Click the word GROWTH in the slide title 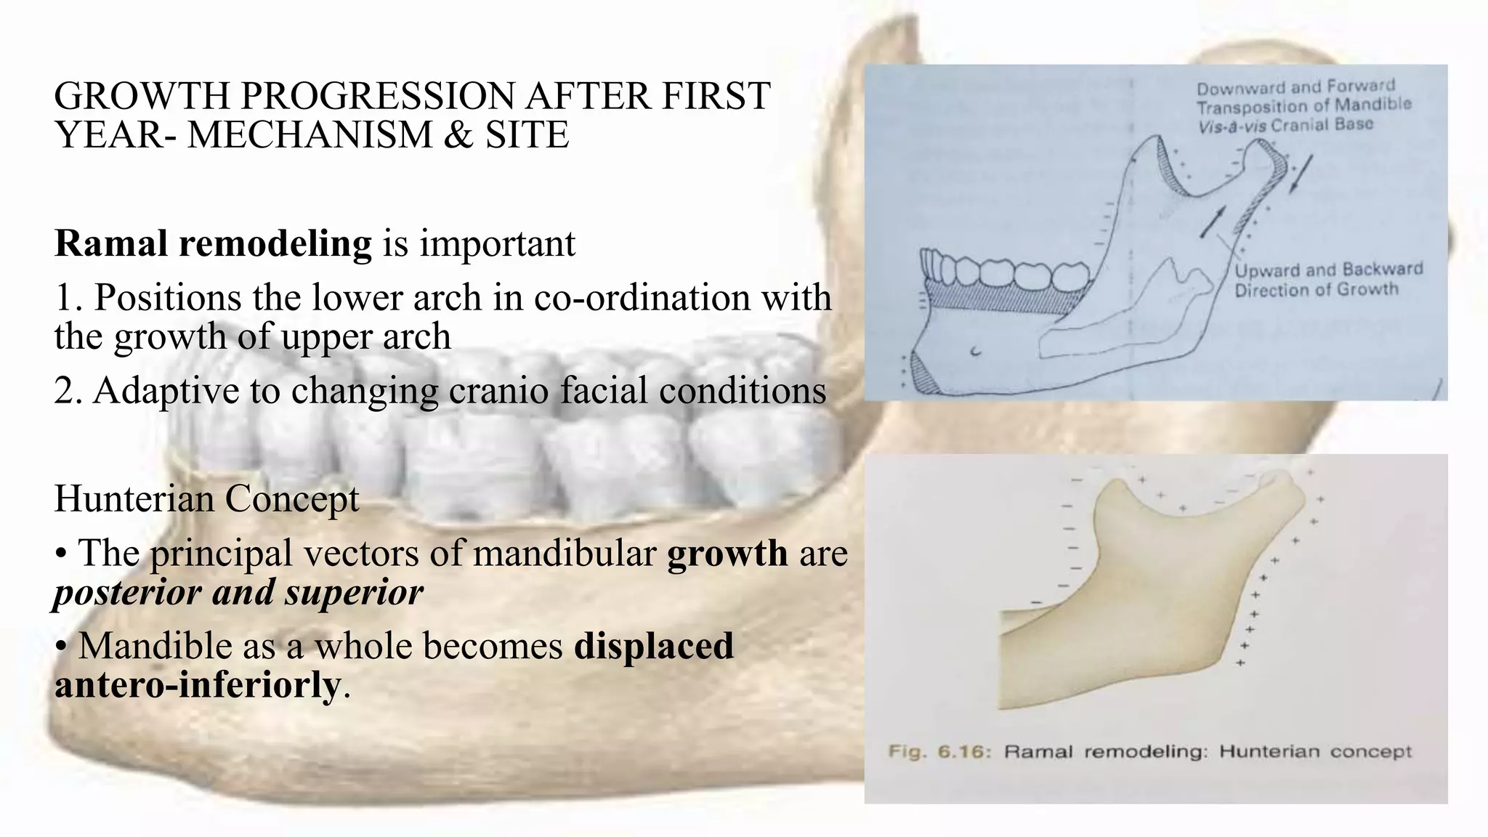(x=141, y=96)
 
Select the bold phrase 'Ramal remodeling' (x=213, y=243)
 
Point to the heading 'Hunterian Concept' (x=206, y=499)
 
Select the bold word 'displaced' (x=654, y=646)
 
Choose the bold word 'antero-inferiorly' (x=197, y=684)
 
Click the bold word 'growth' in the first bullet (x=727, y=554)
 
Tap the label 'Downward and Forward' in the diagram (x=1295, y=88)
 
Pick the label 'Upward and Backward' (x=1328, y=270)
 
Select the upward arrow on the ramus (x=1213, y=222)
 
